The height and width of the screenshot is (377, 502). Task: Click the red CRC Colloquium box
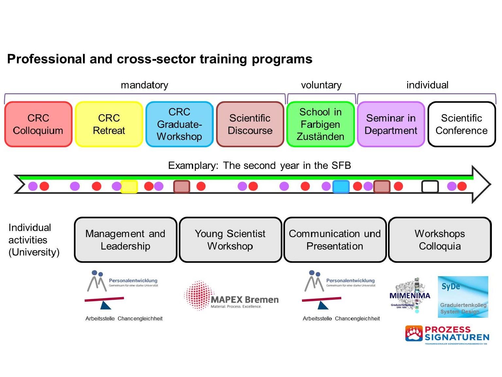pos(38,124)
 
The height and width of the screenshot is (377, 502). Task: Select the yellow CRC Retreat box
pos(109,124)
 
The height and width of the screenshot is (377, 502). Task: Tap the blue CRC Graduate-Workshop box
pos(179,124)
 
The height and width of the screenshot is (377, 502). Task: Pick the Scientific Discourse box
pos(250,124)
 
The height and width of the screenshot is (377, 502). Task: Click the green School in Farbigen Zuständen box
pos(321,124)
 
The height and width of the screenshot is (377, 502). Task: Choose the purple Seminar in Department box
pos(391,124)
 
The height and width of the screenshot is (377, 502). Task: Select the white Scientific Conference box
pos(461,124)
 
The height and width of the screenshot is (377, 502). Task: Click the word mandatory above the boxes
pos(144,85)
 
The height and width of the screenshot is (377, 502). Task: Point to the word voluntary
pos(321,85)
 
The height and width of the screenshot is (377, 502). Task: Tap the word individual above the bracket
pos(427,85)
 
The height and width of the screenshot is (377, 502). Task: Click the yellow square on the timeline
pos(129,187)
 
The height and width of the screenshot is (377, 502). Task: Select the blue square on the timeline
pos(341,187)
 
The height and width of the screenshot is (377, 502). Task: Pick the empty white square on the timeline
pos(430,187)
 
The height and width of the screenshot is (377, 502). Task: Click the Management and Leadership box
pos(125,240)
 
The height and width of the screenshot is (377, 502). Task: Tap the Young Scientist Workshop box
pos(230,240)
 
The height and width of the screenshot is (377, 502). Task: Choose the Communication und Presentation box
pos(335,240)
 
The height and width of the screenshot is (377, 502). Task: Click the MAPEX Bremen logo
pos(231,296)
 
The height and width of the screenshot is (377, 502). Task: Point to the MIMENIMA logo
pos(410,296)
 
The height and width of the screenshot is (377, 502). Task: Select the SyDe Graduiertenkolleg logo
pos(463,297)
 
